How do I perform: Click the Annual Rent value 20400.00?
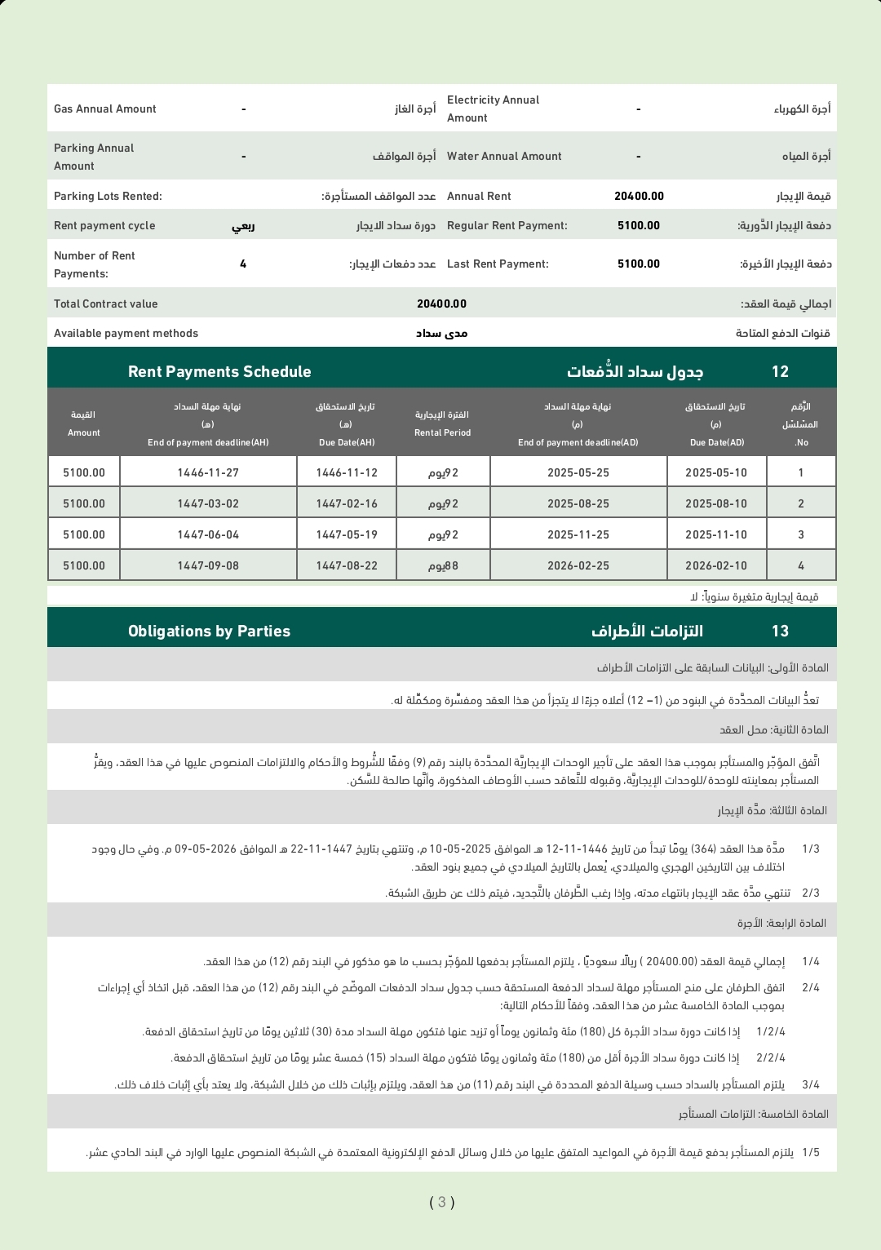[x=639, y=197]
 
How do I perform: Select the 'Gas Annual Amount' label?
[x=105, y=109]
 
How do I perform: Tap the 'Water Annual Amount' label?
[x=504, y=157]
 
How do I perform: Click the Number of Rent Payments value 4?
[x=243, y=264]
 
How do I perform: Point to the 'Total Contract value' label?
[x=106, y=304]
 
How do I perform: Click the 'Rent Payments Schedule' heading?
[x=219, y=372]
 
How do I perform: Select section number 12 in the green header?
[x=780, y=372]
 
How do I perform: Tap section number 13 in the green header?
[x=780, y=632]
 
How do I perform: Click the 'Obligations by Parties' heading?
[x=209, y=632]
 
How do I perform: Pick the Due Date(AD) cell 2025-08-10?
[x=716, y=504]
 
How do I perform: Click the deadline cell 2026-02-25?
[x=578, y=566]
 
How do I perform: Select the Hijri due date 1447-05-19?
[x=347, y=535]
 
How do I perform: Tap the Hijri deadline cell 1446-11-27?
[x=208, y=473]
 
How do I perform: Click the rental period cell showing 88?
[x=443, y=566]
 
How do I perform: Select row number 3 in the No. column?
[x=801, y=535]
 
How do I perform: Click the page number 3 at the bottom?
[x=441, y=1202]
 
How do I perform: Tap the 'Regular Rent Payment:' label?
[x=507, y=226]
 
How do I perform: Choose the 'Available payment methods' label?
[x=126, y=334]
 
